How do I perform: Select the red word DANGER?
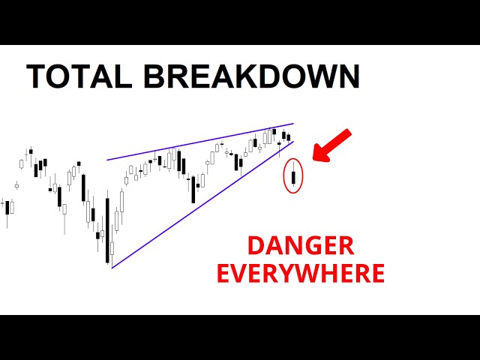(301, 246)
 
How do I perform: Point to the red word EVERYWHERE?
(301, 272)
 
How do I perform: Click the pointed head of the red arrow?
(316, 157)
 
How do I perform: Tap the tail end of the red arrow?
(347, 133)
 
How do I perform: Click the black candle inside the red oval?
(293, 178)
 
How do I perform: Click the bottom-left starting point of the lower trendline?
(112, 267)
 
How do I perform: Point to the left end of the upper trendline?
(107, 159)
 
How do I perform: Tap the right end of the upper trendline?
(293, 124)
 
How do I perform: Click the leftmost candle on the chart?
(7, 207)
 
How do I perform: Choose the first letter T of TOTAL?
(36, 77)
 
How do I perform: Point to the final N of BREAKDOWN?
(348, 77)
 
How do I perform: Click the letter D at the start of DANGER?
(256, 246)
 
